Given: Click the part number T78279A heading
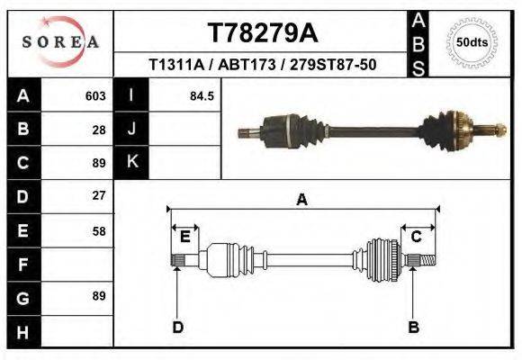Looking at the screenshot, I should [262, 34].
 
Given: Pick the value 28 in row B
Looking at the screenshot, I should [99, 130].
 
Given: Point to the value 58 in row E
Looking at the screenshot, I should [99, 231].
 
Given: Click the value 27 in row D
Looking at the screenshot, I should [99, 195].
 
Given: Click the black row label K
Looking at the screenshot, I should [131, 162].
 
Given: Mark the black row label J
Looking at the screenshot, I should [131, 130].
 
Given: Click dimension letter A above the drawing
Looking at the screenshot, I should [301, 200].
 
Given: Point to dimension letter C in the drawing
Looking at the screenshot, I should [417, 237].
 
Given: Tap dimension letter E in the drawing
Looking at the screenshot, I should [184, 237].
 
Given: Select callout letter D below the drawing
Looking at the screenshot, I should [178, 327].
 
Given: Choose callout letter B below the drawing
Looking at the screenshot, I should [414, 327].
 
